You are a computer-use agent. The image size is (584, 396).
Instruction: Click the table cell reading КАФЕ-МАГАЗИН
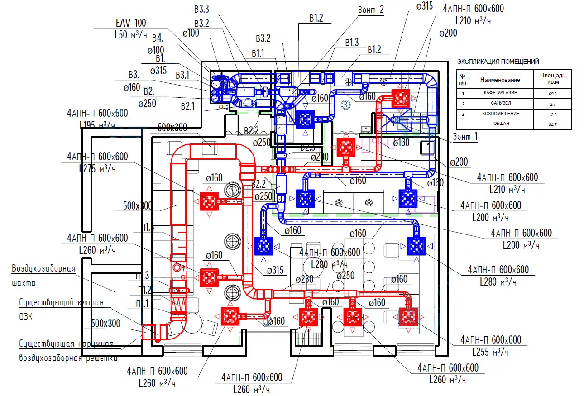tap(500, 93)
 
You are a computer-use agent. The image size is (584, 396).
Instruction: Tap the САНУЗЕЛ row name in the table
tap(500, 104)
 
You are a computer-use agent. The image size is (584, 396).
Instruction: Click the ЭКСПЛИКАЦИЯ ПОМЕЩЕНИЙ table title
tap(498, 62)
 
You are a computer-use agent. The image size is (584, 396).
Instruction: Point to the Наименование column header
tap(500, 80)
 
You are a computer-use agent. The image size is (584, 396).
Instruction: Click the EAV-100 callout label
tap(131, 23)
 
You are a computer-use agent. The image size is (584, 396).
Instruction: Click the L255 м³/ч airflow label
tap(491, 351)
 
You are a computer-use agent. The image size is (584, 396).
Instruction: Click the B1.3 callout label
tap(352, 43)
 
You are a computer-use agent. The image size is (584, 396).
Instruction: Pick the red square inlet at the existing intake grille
tap(148, 332)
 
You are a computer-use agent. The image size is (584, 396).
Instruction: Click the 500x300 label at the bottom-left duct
tap(105, 323)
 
